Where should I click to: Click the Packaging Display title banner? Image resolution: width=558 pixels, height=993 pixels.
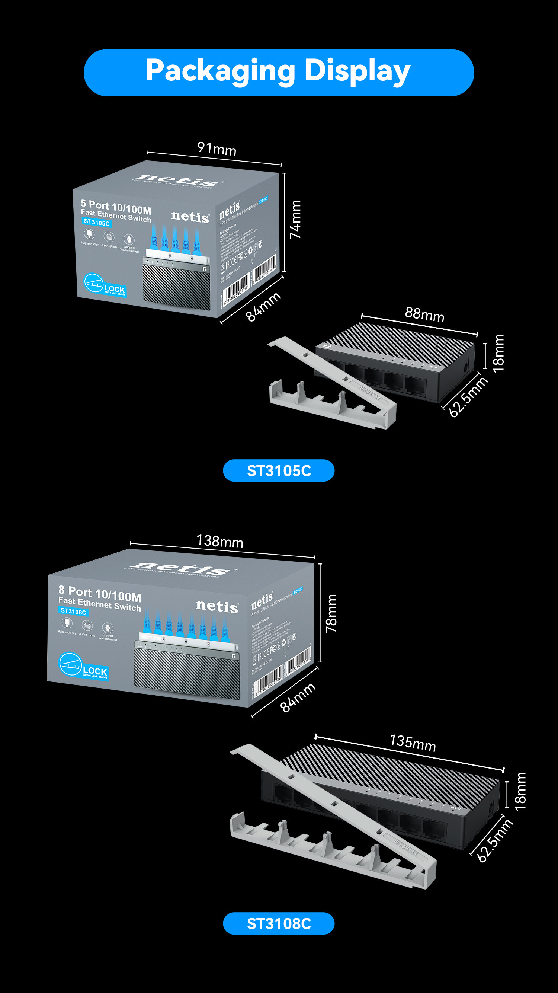click(279, 72)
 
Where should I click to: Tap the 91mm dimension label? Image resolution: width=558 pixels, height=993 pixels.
click(217, 149)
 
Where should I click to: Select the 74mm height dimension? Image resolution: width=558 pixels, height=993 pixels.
click(295, 220)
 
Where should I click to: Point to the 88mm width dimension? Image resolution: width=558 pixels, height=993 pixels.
click(425, 314)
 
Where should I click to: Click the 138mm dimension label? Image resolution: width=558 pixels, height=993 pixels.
click(219, 541)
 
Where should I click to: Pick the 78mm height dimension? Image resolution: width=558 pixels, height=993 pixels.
click(331, 613)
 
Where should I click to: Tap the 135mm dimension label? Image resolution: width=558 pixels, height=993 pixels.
click(413, 743)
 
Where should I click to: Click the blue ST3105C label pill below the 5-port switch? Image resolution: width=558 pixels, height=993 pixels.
click(279, 470)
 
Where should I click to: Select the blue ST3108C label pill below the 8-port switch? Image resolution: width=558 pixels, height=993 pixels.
click(279, 923)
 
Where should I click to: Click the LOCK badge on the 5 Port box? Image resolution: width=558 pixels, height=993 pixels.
click(105, 285)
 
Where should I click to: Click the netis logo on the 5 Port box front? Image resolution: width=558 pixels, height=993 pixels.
click(190, 217)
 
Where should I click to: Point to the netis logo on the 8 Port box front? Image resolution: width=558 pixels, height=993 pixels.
click(217, 606)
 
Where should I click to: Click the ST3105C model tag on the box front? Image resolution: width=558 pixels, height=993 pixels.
click(97, 223)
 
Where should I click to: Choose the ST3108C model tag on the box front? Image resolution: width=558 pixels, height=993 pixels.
click(74, 612)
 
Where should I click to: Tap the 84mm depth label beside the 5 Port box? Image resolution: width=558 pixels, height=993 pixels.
click(263, 306)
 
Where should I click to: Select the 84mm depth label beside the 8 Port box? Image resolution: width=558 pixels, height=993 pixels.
click(298, 697)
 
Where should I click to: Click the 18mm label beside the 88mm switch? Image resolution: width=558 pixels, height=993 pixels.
click(498, 353)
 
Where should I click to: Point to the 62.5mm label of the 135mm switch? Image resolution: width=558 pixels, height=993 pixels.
click(495, 841)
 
